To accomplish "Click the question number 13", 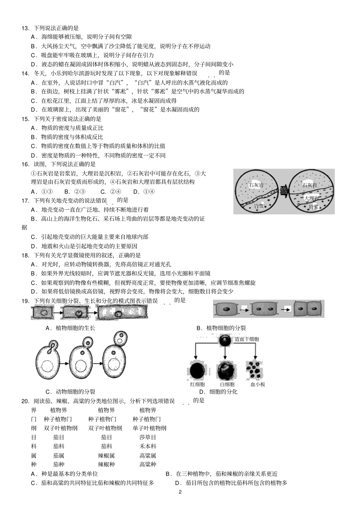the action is click(x=25, y=28).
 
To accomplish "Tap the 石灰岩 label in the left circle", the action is click(x=256, y=185).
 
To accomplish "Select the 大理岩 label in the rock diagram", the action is click(x=311, y=198).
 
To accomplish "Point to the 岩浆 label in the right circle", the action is click(x=313, y=207).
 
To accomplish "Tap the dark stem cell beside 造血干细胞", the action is click(x=225, y=340).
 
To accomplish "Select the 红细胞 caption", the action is click(x=197, y=384).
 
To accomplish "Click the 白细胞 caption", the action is click(x=227, y=384).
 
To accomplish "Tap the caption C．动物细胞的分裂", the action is click(x=70, y=392).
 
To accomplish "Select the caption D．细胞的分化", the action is click(x=218, y=392).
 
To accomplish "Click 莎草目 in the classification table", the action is click(x=147, y=437).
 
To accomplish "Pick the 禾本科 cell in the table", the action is click(x=147, y=446).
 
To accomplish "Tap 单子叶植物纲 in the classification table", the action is click(x=149, y=428).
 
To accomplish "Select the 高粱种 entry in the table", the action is click(x=147, y=464).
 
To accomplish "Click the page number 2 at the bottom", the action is click(x=180, y=492).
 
